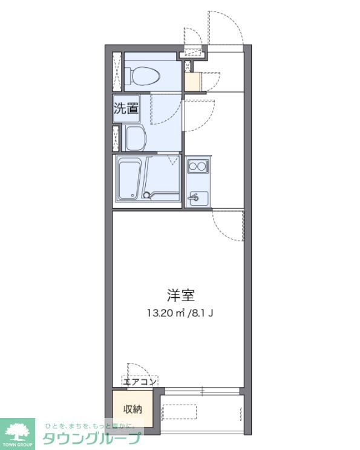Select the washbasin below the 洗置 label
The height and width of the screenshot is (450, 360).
click(137, 139)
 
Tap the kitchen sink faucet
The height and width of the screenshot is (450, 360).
click(194, 197)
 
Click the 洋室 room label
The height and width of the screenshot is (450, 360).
click(181, 296)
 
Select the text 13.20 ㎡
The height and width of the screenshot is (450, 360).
click(164, 313)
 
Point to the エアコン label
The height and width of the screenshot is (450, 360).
click(140, 381)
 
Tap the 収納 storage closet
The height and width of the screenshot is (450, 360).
click(133, 409)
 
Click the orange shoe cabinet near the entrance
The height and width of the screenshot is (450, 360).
click(192, 82)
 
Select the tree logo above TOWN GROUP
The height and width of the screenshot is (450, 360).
click(21, 429)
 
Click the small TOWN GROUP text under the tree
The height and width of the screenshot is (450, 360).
click(21, 445)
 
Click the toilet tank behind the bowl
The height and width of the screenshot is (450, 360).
click(129, 77)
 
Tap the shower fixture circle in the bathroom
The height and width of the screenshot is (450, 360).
click(146, 195)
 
